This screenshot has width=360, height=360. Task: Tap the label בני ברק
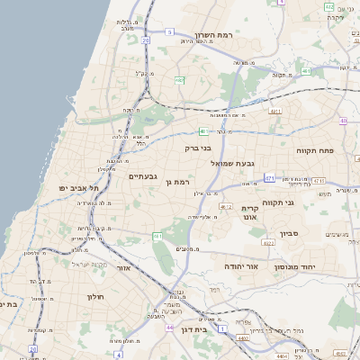click(197, 148)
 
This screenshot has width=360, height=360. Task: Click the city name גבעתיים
click(143, 175)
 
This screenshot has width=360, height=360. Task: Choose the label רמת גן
click(184, 183)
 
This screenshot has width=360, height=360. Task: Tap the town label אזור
click(124, 268)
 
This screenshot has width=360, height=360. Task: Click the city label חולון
click(97, 296)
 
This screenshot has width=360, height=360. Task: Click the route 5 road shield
click(170, 31)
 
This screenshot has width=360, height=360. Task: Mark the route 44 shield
click(170, 328)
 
